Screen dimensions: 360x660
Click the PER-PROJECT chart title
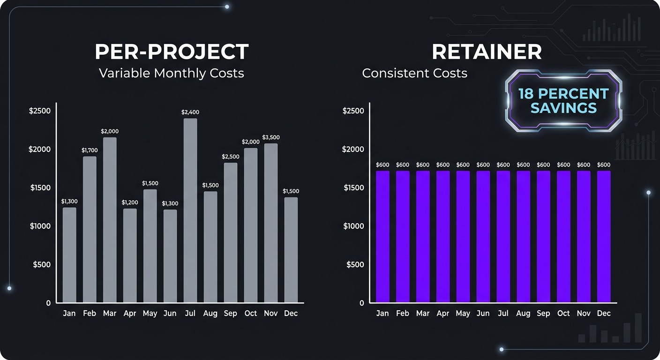[x=172, y=52]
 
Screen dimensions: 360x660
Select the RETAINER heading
[x=487, y=52]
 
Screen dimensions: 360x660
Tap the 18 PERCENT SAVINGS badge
[x=563, y=101]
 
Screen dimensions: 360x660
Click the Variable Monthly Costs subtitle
[x=172, y=73]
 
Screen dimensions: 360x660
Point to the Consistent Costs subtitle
[x=414, y=73]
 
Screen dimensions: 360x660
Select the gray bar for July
[x=190, y=210]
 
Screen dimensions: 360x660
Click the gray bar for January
[x=69, y=255]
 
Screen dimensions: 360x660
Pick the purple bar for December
[x=604, y=237]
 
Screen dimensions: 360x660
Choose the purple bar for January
[x=382, y=237]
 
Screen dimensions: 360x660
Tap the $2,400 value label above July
[x=190, y=112]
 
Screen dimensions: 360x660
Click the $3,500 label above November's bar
[x=271, y=137]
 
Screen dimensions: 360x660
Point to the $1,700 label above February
[x=90, y=150]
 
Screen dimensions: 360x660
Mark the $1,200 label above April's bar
[x=130, y=202]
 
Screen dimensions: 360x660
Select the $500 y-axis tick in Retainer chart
[x=355, y=264]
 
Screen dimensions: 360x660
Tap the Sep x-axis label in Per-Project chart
[x=230, y=313]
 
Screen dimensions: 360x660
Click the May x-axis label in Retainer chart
[x=463, y=313]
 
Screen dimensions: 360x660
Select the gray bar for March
[x=110, y=220]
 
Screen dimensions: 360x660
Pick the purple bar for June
[x=483, y=237]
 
